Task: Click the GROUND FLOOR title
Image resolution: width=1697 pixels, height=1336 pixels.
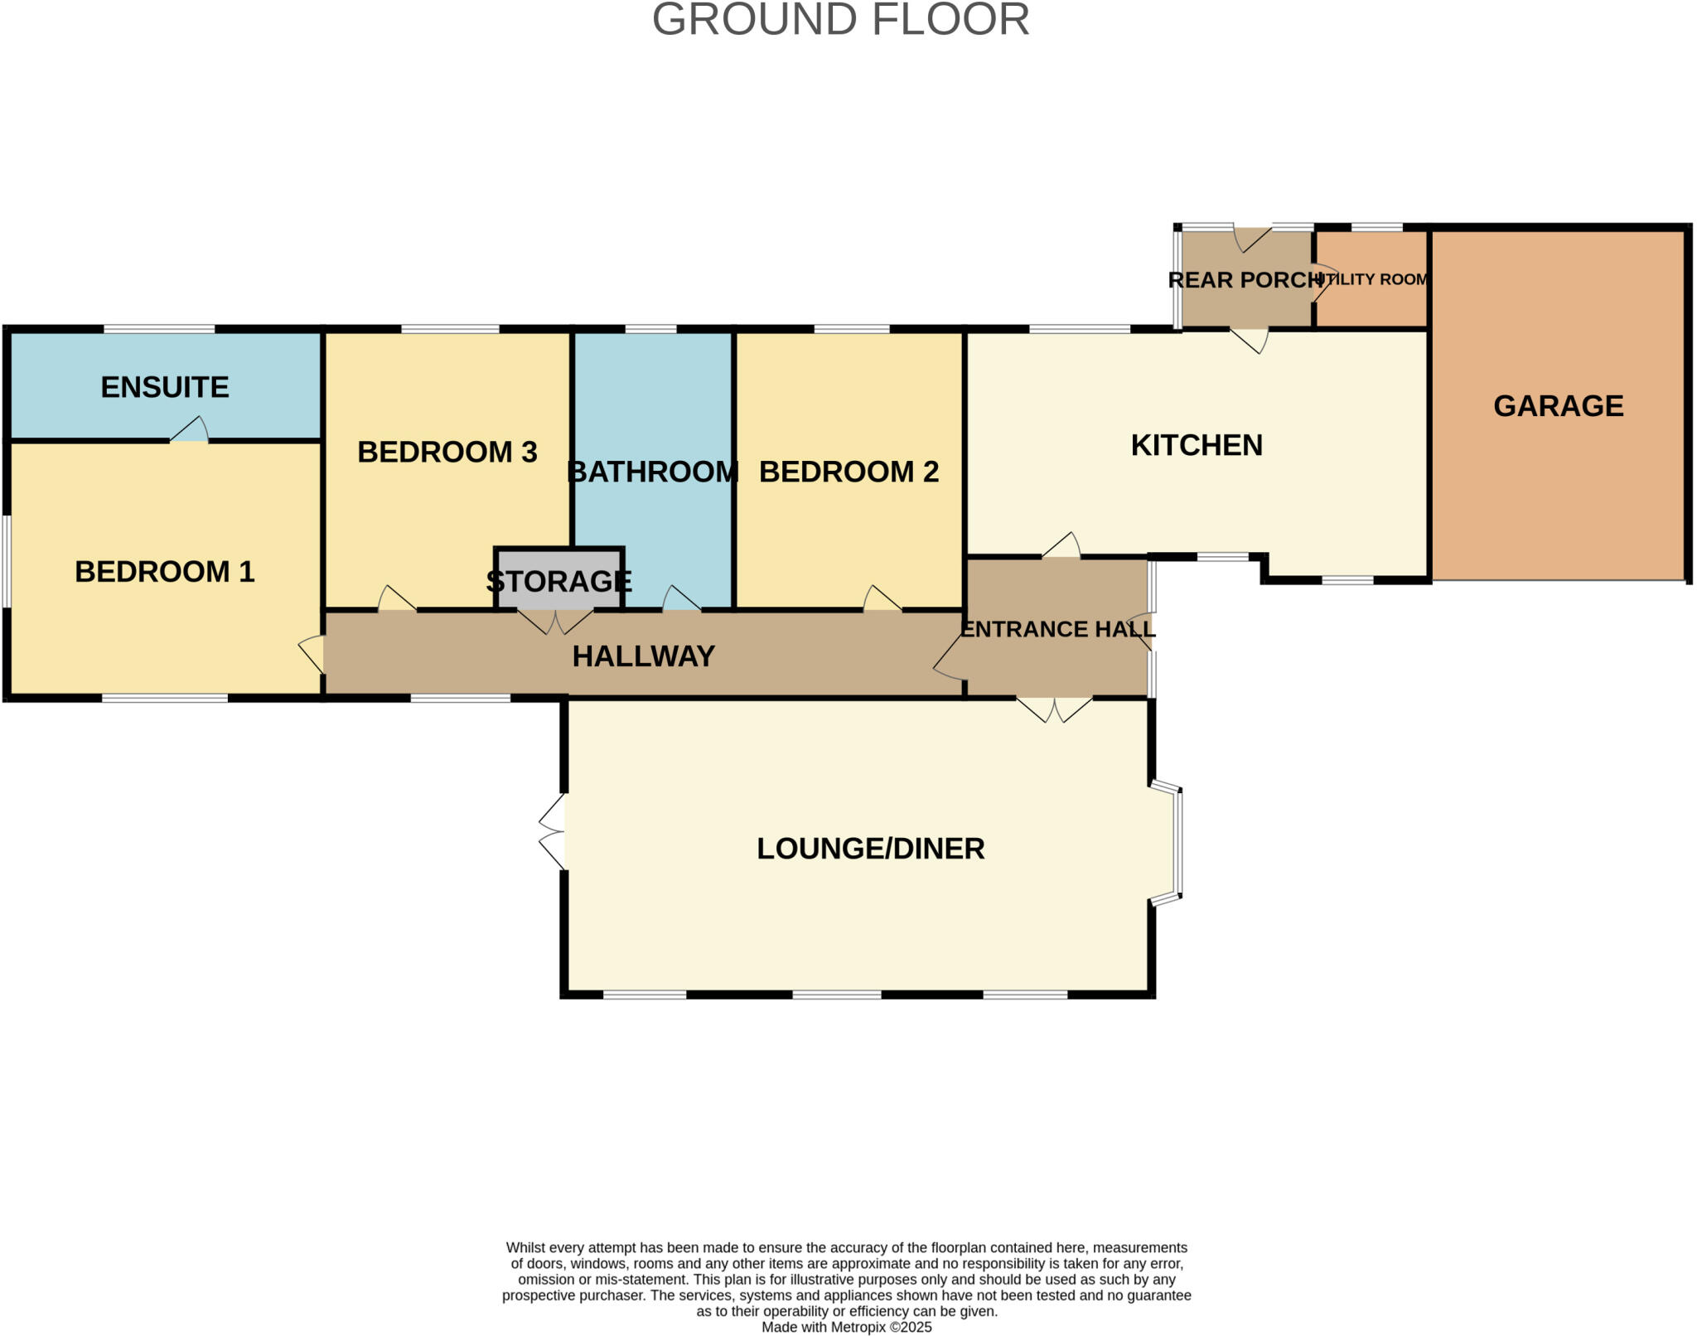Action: point(840,20)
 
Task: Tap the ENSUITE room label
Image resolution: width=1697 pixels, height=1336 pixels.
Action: point(165,387)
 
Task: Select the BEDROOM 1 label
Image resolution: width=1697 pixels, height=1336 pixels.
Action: point(165,572)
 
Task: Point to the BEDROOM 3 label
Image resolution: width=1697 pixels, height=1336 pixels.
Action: point(447,452)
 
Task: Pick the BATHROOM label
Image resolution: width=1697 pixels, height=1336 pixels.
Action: point(653,472)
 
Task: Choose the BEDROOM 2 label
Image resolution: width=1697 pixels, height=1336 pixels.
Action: point(848,472)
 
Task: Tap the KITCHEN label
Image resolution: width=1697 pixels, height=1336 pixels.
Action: point(1197,445)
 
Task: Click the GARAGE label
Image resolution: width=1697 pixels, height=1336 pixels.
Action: point(1558,406)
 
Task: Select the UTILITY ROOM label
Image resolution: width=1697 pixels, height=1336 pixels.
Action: point(1372,279)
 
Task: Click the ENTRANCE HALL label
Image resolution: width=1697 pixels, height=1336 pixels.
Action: point(1057,629)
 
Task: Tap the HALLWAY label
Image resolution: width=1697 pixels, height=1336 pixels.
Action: point(643,656)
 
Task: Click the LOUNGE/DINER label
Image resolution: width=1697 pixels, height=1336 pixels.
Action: point(870,849)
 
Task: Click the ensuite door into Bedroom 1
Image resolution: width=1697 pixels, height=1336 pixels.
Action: point(190,430)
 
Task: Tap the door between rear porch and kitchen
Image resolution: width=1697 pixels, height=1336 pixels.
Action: point(1250,339)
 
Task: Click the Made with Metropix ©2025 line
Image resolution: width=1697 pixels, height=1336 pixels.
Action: point(846,1327)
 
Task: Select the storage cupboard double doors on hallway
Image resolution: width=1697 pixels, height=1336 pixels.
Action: point(555,620)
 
